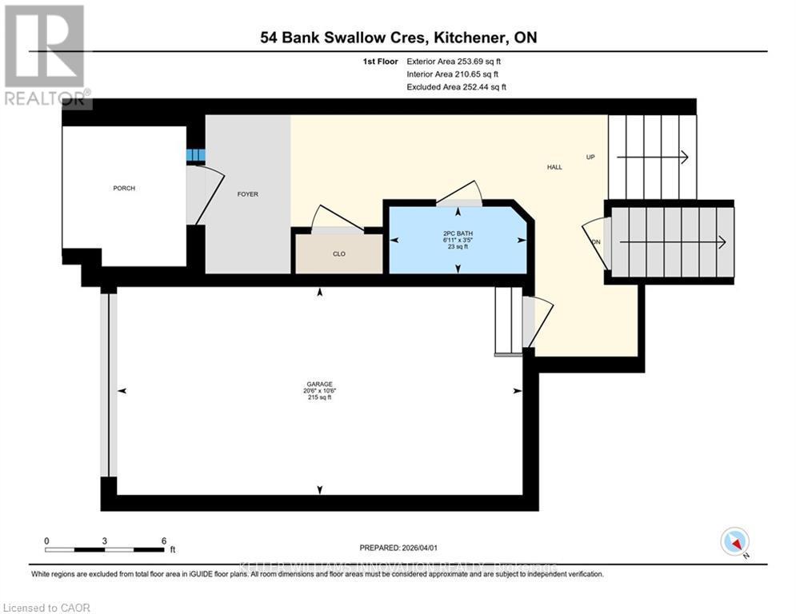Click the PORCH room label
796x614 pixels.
pyautogui.click(x=124, y=189)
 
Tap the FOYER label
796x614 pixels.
pyautogui.click(x=248, y=194)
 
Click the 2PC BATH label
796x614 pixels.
pyautogui.click(x=458, y=234)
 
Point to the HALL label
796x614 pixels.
pyautogui.click(x=554, y=167)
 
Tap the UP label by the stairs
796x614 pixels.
pyautogui.click(x=590, y=157)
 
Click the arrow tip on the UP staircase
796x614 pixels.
pyautogui.click(x=686, y=157)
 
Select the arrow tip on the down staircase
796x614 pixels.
pyautogui.click(x=723, y=242)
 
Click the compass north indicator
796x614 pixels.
pyautogui.click(x=734, y=542)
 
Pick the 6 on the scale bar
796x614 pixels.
pyautogui.click(x=163, y=540)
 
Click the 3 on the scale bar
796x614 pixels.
pyautogui.click(x=105, y=540)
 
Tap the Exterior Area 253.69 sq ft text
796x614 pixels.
pyautogui.click(x=457, y=61)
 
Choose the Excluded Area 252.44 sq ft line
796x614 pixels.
pyautogui.click(x=457, y=86)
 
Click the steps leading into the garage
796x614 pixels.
pyautogui.click(x=508, y=320)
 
